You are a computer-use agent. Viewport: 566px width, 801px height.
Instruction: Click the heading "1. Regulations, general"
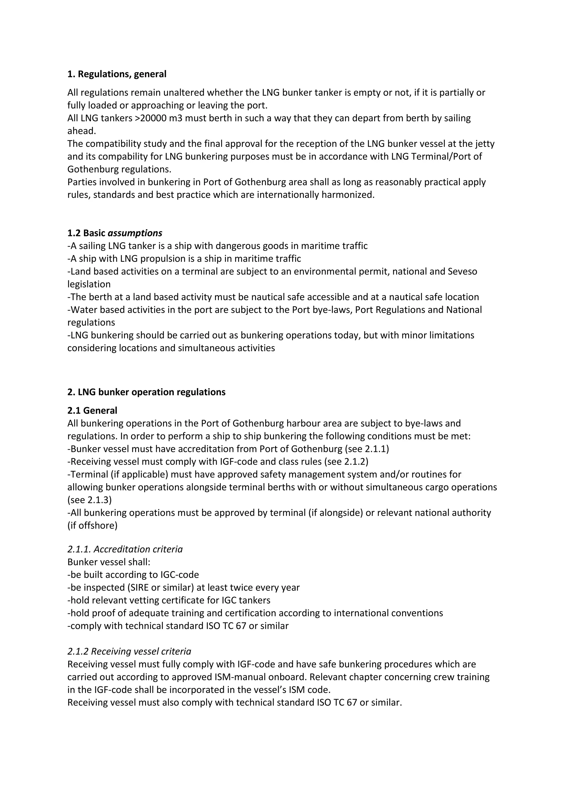(x=117, y=74)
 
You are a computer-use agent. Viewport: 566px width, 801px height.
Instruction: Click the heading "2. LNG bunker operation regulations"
(x=146, y=392)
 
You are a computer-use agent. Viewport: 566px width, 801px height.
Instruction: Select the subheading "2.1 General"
(x=92, y=411)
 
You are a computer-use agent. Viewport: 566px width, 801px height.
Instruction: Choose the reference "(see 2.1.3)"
(x=90, y=500)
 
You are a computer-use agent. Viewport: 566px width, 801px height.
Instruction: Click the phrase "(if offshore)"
(x=92, y=525)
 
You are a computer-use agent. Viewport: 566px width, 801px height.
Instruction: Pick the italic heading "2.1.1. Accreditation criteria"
(x=125, y=549)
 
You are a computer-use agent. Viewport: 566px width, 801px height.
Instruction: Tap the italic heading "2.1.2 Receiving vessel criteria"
(x=129, y=651)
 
